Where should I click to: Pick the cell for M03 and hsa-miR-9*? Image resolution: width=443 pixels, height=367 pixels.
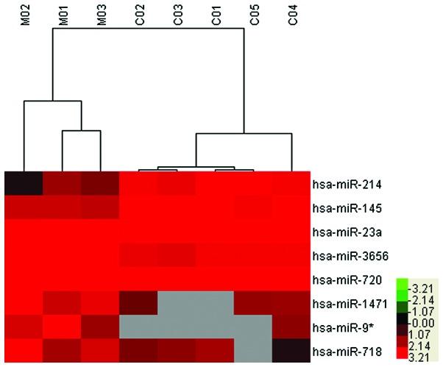coord(100,327)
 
